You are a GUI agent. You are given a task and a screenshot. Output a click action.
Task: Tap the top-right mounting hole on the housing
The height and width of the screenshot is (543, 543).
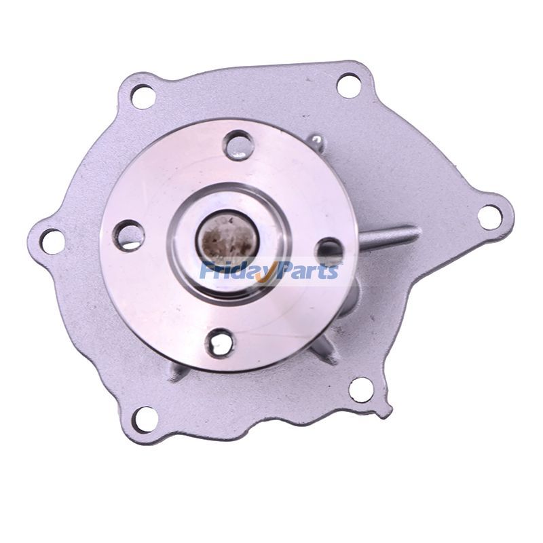pyautogui.click(x=348, y=85)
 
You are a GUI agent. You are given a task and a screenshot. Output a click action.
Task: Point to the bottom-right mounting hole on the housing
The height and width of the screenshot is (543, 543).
pyautogui.click(x=359, y=389)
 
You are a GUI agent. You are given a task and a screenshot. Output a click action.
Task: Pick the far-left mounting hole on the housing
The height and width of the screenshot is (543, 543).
pyautogui.click(x=52, y=239)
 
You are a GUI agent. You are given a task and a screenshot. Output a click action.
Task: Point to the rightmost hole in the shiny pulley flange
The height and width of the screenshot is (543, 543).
pyautogui.click(x=331, y=251)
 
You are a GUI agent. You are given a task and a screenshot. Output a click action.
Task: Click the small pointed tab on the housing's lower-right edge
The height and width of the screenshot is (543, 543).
pyautogui.click(x=385, y=411)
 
